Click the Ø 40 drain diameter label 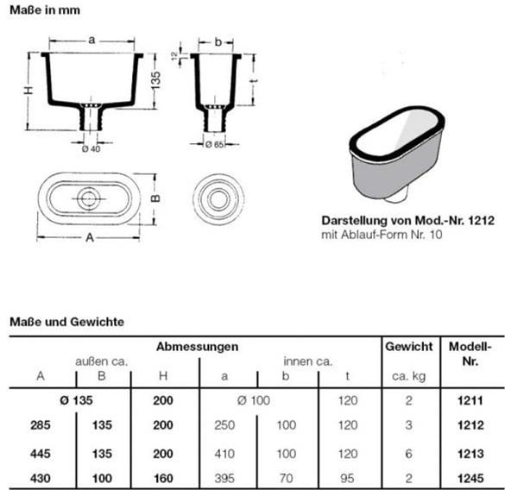coord(91,148)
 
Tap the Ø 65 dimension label coord(214,145)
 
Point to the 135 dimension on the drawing coord(155,80)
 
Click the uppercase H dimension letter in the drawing coord(28,91)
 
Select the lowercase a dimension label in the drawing coord(92,40)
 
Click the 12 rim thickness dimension coord(174,56)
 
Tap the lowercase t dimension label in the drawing coord(255,79)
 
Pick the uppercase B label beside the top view coord(155,198)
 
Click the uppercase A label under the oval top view coord(90,237)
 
